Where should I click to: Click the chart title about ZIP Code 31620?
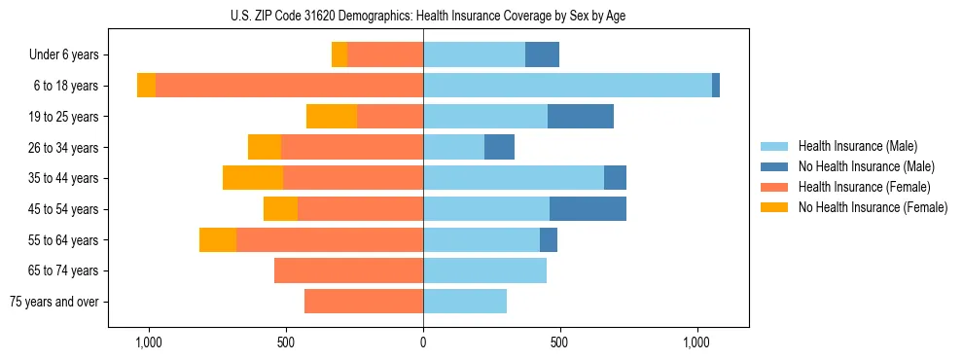pos(423,15)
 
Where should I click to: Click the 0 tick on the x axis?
pos(423,342)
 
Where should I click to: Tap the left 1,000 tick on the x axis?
pos(149,342)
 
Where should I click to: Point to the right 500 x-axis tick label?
pos(559,342)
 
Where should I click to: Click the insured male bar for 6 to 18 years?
pos(567,86)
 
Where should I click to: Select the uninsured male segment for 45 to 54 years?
pos(588,209)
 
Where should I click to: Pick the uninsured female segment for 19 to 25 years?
pos(332,117)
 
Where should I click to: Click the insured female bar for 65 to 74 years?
pos(348,270)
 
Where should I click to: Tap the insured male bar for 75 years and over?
pos(465,302)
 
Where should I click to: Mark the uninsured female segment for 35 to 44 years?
pos(253,178)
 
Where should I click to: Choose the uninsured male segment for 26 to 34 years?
pos(499,147)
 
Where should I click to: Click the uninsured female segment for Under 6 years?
pos(339,54)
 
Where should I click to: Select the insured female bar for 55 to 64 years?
pos(330,239)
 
